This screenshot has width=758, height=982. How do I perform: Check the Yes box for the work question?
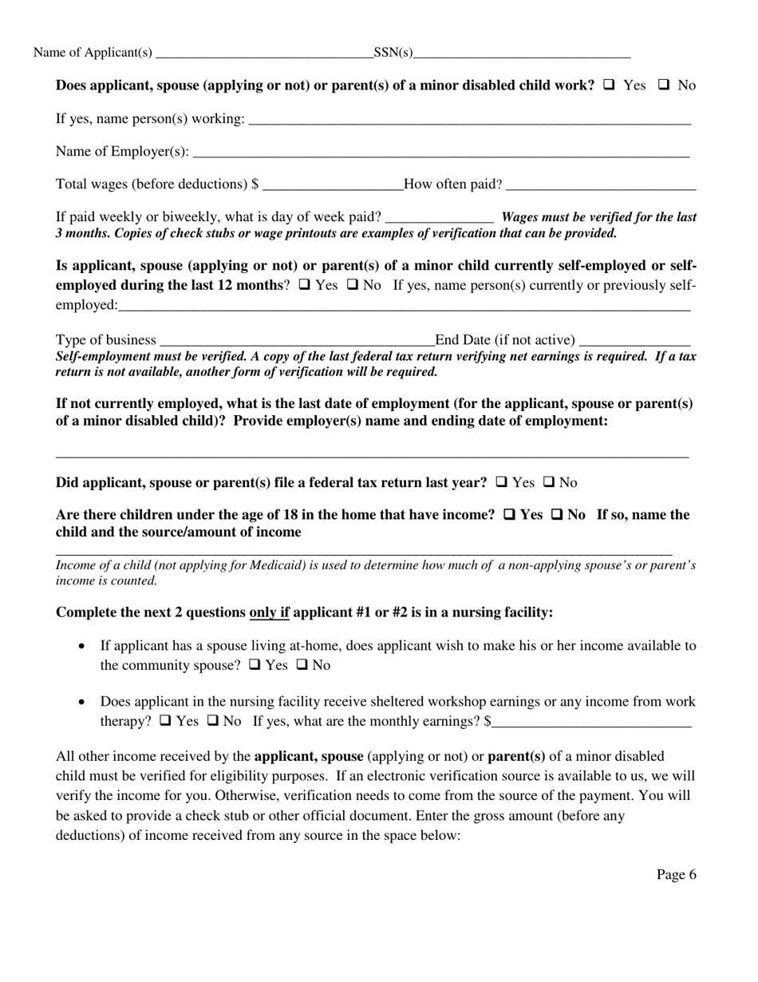point(609,85)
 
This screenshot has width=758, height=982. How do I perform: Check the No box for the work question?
point(663,85)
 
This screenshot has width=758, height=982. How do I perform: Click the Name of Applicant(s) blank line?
point(264,54)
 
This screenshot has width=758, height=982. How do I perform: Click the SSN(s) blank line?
point(522,54)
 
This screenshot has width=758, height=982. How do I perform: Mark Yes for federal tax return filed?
point(502,482)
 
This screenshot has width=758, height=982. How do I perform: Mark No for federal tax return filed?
point(548,482)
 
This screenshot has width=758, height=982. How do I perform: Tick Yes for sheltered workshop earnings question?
point(165,720)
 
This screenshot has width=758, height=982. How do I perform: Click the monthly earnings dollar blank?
point(591,723)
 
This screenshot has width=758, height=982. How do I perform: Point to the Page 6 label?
point(676,875)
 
